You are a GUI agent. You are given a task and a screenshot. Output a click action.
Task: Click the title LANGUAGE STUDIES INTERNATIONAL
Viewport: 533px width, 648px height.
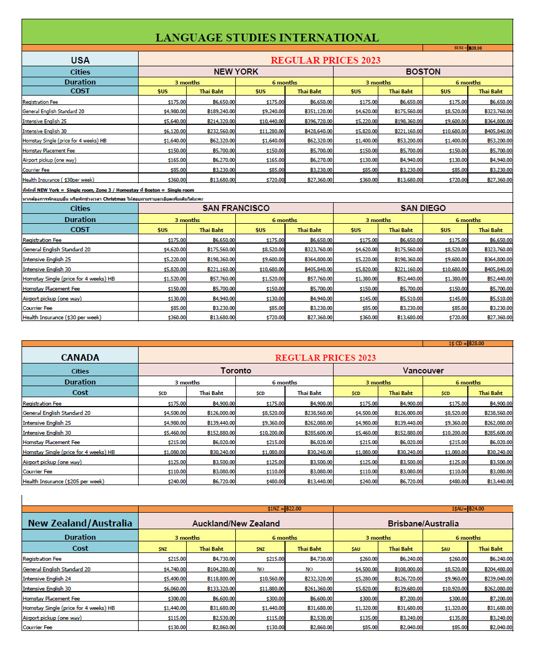click(267, 38)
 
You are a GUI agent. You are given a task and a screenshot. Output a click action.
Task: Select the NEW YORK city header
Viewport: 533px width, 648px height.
click(236, 72)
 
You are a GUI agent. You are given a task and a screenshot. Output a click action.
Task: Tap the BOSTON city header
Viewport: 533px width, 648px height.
click(423, 72)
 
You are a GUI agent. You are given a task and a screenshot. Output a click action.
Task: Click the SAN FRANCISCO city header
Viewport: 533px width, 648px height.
click(236, 208)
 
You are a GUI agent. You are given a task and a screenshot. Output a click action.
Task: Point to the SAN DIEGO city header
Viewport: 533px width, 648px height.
click(423, 208)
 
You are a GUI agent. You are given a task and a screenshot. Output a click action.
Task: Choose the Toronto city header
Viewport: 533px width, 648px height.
click(236, 371)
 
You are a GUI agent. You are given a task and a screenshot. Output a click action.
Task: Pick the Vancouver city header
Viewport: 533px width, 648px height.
click(423, 371)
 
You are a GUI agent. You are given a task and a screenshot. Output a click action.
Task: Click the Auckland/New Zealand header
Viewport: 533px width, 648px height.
click(236, 523)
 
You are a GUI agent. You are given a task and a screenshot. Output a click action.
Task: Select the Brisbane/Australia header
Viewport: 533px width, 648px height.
click(423, 523)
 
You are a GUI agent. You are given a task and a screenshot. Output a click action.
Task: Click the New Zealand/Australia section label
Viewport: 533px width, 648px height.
click(80, 523)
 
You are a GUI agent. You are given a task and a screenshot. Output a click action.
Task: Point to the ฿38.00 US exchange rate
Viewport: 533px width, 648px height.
click(476, 48)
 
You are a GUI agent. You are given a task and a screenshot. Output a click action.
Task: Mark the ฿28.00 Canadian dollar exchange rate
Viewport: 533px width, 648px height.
click(476, 344)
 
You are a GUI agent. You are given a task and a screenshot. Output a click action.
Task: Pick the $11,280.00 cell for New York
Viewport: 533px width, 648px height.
click(271, 131)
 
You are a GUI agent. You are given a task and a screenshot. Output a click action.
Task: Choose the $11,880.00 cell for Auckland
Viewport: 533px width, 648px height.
click(271, 589)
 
